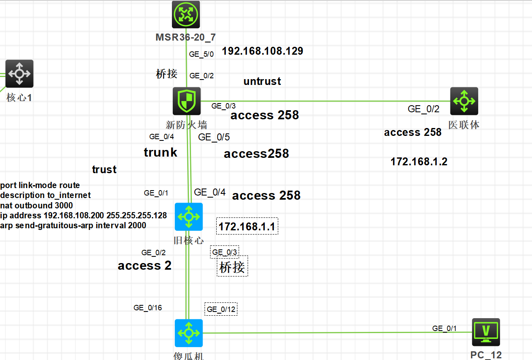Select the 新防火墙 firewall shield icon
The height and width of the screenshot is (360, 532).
pyautogui.click(x=187, y=101)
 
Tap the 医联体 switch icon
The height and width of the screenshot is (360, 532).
pyautogui.click(x=464, y=101)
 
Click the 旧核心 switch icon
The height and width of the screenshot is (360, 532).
pyautogui.click(x=189, y=217)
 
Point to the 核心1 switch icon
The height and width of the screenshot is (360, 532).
pyautogui.click(x=19, y=74)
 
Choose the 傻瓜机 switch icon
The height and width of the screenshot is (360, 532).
pyautogui.click(x=189, y=333)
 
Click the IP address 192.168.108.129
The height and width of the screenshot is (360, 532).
pyautogui.click(x=262, y=51)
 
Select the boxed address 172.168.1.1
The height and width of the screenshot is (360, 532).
pyautogui.click(x=247, y=227)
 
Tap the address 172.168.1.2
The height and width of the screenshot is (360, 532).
pyautogui.click(x=419, y=162)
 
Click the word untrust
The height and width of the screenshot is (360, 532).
pyautogui.click(x=262, y=81)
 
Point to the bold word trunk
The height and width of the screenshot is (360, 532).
pyautogui.click(x=160, y=152)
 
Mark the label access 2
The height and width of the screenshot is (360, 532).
pyautogui.click(x=145, y=266)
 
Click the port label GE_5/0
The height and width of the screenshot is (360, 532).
pyautogui.click(x=201, y=54)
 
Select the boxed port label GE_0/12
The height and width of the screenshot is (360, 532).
pyautogui.click(x=221, y=309)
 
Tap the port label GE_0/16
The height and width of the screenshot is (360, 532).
pyautogui.click(x=148, y=308)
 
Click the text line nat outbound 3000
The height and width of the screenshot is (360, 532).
pyautogui.click(x=36, y=205)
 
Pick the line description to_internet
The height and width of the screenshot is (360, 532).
pyautogui.click(x=46, y=195)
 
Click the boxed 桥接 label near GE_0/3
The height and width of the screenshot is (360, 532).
pyautogui.click(x=232, y=267)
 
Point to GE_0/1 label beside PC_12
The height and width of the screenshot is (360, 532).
pyautogui.click(x=444, y=329)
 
